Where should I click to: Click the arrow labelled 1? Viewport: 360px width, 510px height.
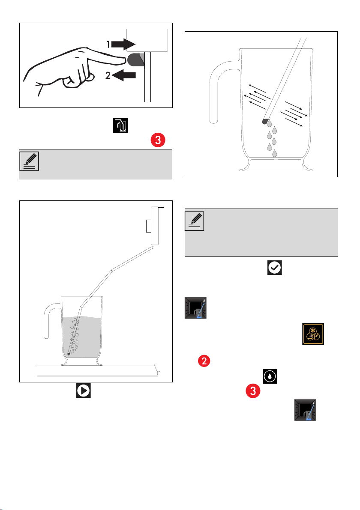[124, 44]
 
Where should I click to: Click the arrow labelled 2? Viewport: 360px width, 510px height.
[124, 75]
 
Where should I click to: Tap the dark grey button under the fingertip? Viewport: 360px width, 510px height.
[135, 60]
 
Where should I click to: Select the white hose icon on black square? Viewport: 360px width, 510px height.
[120, 125]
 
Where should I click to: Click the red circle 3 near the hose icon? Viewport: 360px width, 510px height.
[158, 140]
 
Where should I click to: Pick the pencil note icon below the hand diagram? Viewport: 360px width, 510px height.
[29, 161]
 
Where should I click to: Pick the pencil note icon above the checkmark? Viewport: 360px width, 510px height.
[194, 221]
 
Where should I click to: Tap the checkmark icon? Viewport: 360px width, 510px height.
[275, 268]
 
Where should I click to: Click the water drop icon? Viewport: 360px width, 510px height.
[270, 376]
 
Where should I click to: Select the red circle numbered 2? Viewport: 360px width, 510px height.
[204, 361]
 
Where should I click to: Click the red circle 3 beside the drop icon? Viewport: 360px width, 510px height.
[253, 391]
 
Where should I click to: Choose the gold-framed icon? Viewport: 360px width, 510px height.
[313, 334]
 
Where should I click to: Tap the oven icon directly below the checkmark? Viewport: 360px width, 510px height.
[195, 308]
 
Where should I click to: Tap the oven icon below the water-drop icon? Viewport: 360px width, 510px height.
[305, 410]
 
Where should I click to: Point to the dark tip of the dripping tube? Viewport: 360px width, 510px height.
[264, 122]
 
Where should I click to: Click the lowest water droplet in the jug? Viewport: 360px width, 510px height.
[275, 153]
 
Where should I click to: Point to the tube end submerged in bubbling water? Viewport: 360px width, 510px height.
[69, 354]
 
